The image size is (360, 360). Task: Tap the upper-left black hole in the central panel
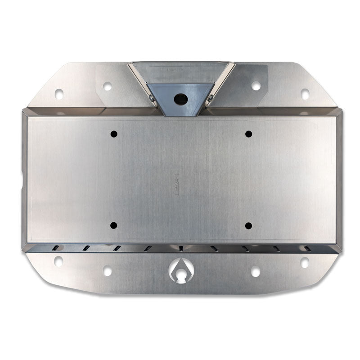113,134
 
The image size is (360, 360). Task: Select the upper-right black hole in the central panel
248,134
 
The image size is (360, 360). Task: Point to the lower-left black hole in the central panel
113,225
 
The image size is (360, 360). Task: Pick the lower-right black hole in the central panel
248,225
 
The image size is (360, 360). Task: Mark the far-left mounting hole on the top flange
59,94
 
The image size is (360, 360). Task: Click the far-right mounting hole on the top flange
305,94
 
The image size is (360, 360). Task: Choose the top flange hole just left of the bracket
108,85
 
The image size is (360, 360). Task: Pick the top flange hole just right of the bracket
256,85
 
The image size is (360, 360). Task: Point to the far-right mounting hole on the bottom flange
305,262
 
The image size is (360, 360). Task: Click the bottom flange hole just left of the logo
107,271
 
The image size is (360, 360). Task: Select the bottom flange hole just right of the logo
256,271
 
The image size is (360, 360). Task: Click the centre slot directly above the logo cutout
181,248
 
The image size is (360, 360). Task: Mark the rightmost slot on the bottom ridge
307,248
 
